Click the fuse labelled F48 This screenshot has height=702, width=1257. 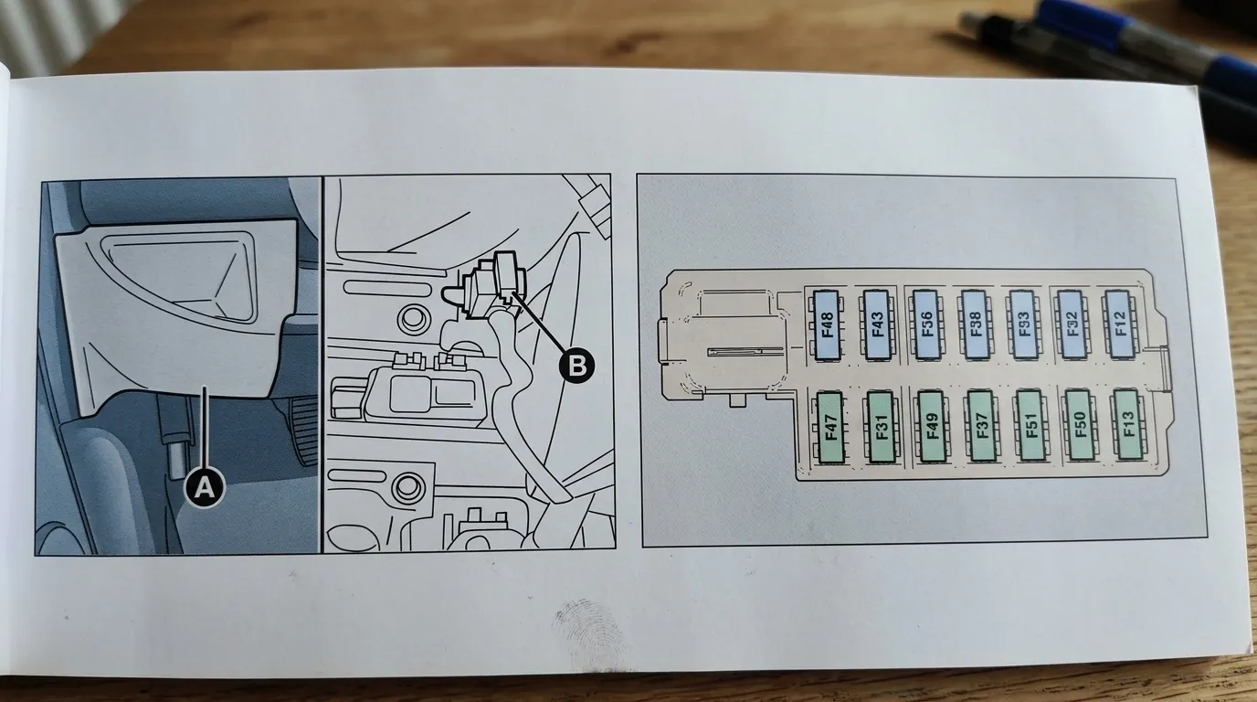point(828,324)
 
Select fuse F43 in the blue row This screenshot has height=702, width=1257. point(877,324)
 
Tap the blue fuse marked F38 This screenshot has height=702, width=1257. point(975,324)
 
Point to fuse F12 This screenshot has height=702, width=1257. point(1120,324)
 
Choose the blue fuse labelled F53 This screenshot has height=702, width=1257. point(1023,324)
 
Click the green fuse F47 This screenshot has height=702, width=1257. point(830,426)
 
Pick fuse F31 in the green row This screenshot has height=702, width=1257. point(881,426)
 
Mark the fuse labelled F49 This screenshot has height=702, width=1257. point(932,426)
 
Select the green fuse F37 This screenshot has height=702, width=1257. point(982,426)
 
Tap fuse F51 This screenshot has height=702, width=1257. point(1031,426)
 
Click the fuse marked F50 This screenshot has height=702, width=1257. point(1079,426)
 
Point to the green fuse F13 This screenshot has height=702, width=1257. point(1127,426)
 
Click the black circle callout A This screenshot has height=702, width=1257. point(206,488)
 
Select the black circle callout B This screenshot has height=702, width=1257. point(576,366)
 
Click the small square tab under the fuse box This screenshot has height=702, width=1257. point(737,399)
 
